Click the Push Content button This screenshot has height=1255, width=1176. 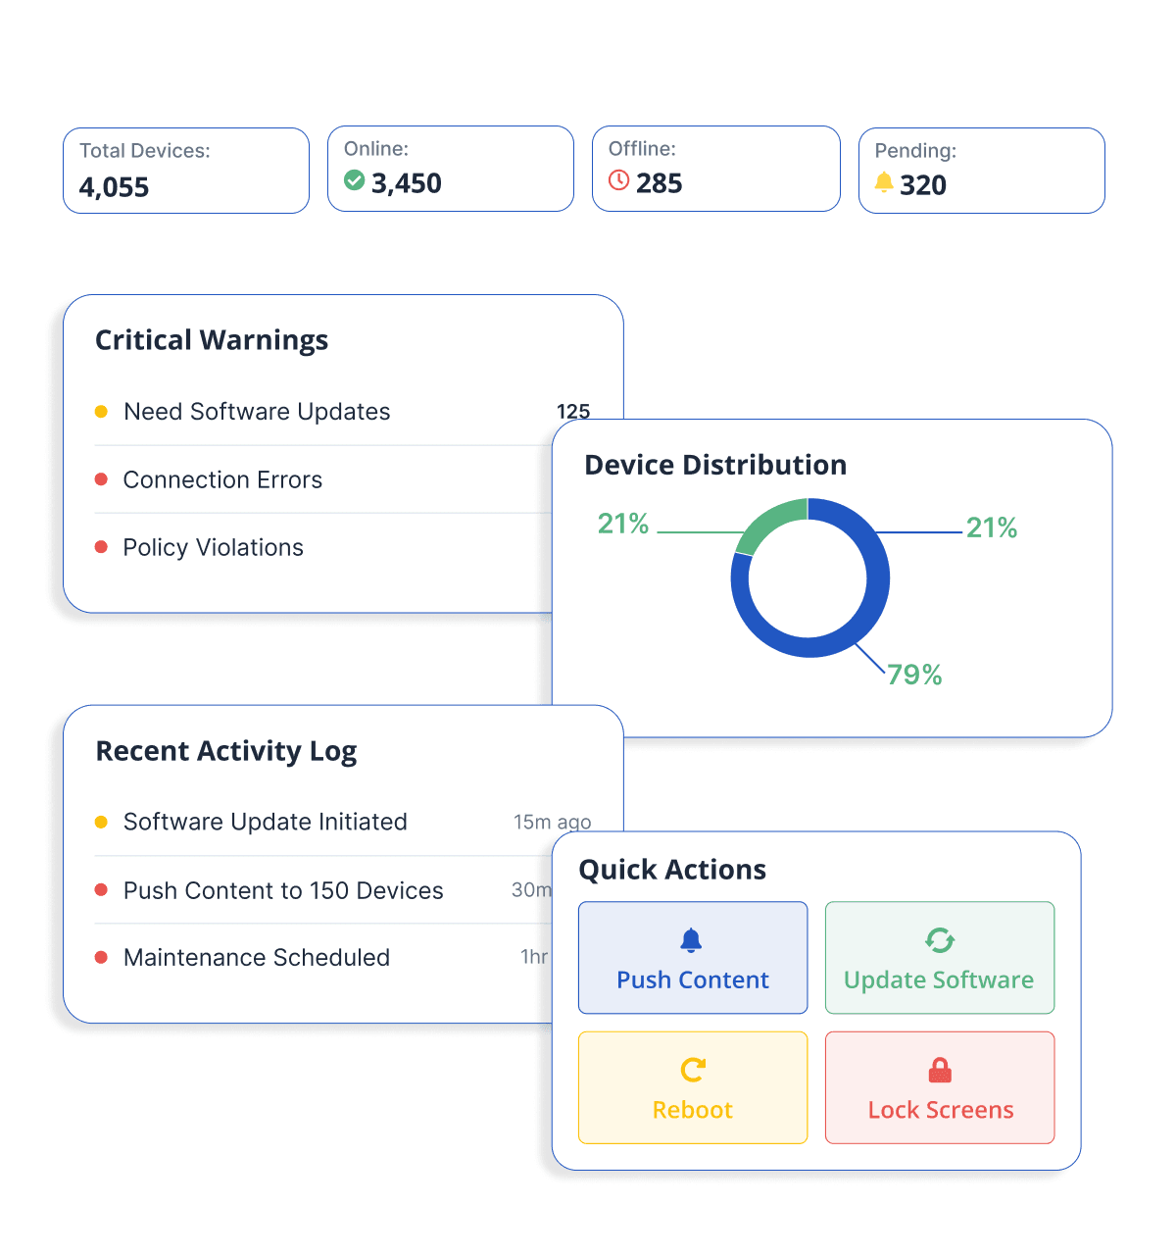tap(693, 958)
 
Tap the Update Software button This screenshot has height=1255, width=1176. tap(939, 958)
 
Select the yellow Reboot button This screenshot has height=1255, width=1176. tap(693, 1087)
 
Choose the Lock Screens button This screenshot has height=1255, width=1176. tap(939, 1087)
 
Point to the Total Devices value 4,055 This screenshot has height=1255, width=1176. tap(115, 187)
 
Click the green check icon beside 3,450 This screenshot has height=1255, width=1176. tap(355, 180)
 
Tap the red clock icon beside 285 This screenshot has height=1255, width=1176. tap(618, 180)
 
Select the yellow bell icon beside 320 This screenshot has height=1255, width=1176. tap(884, 182)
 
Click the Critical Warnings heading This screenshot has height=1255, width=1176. tap(212, 340)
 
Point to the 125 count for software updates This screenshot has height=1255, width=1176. tap(573, 411)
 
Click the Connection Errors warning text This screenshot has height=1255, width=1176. tap(222, 479)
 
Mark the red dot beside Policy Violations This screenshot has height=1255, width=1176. tap(101, 547)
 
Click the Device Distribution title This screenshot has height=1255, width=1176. tap(715, 465)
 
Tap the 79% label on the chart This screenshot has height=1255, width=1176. tap(914, 675)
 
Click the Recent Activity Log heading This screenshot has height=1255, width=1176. tap(226, 751)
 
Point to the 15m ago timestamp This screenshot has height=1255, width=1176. tap(552, 822)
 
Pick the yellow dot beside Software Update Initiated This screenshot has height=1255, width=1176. tap(101, 822)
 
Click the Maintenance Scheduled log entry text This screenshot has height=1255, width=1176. tap(257, 957)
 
